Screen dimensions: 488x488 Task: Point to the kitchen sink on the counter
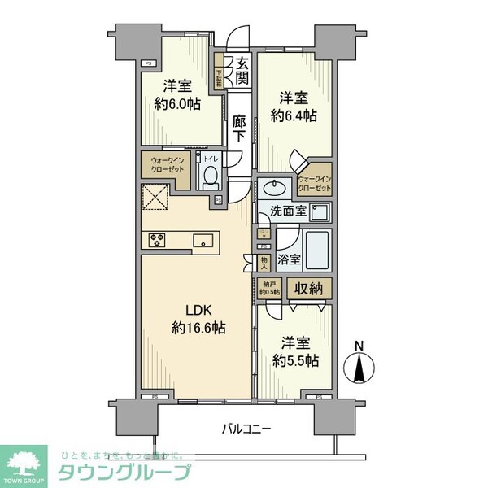pyautogui.click(x=203, y=240)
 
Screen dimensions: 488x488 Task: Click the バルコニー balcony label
pyautogui.click(x=243, y=429)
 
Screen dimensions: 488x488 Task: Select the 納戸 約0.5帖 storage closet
pyautogui.click(x=269, y=288)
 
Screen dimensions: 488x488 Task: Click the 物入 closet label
pyautogui.click(x=264, y=262)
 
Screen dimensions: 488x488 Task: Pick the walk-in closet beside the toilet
pyautogui.click(x=167, y=166)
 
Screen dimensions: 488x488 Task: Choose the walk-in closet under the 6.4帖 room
pyautogui.click(x=314, y=183)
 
